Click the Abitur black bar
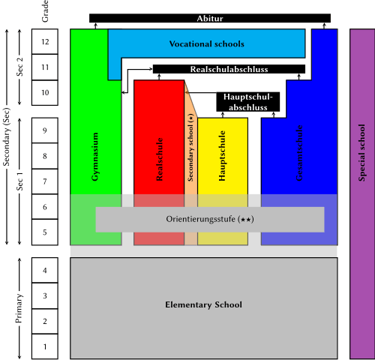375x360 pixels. coord(210,18)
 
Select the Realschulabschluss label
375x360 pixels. coord(229,69)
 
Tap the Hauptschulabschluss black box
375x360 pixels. coord(248,102)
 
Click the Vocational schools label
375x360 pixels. coord(207,44)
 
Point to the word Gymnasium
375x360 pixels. coord(95,157)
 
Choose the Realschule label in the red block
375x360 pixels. coord(160,159)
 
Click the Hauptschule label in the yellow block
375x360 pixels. coord(222,155)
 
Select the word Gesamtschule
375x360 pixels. coord(299,153)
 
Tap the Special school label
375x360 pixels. coord(361,152)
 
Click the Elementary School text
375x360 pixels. coord(203,304)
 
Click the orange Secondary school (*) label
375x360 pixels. coord(190,148)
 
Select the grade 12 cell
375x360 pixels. coord(45,41)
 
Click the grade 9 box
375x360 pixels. coord(45,130)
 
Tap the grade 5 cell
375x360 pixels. coord(45,232)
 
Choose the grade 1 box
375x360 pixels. coord(45,346)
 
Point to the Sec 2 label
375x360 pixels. coord(19,67)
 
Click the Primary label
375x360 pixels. coord(19,308)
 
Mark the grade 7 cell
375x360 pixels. coord(45,181)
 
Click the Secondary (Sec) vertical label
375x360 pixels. coord(7,136)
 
